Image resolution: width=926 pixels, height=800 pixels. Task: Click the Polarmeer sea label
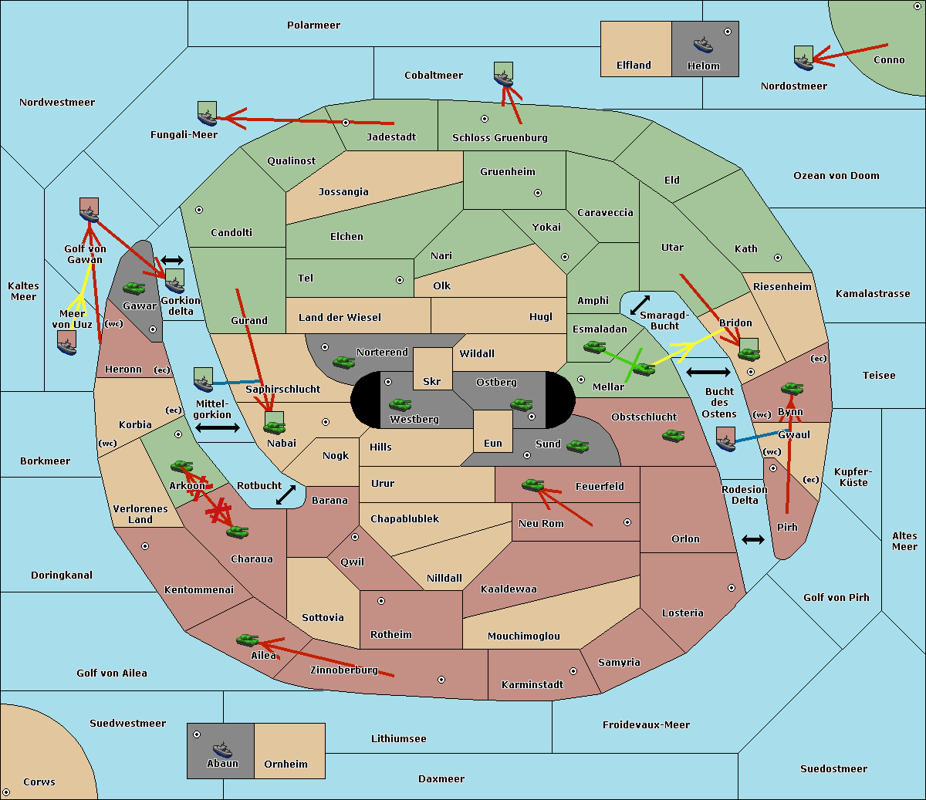[x=313, y=25]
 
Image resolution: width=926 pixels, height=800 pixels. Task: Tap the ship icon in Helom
[x=702, y=44]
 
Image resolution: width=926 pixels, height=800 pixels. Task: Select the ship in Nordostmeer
[x=803, y=57]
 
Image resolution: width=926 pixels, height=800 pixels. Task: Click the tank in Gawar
[x=133, y=288]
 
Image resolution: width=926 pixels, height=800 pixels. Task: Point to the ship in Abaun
[x=222, y=749]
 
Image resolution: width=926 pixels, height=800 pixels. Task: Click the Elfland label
[x=634, y=66]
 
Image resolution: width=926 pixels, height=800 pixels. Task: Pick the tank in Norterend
[x=343, y=362]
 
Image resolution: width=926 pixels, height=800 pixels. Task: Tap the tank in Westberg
[x=400, y=404]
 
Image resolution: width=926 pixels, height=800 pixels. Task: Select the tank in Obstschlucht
[x=673, y=435]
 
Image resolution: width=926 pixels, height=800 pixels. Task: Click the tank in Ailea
[x=247, y=640]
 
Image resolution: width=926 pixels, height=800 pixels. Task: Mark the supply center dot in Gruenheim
[x=538, y=193]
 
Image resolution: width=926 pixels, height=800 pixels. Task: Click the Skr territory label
[x=432, y=381]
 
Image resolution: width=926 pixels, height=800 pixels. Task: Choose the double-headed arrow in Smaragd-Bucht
[x=640, y=305]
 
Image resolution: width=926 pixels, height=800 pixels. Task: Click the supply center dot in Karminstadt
[x=573, y=671]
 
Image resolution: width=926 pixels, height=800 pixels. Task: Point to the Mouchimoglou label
[x=523, y=636]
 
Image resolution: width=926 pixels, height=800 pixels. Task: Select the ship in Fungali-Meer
[x=207, y=114]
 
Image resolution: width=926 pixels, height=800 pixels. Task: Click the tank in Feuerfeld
[x=532, y=485]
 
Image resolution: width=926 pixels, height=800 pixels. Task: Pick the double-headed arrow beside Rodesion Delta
[x=753, y=539]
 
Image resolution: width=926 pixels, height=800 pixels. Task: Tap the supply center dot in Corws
[x=6, y=792]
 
